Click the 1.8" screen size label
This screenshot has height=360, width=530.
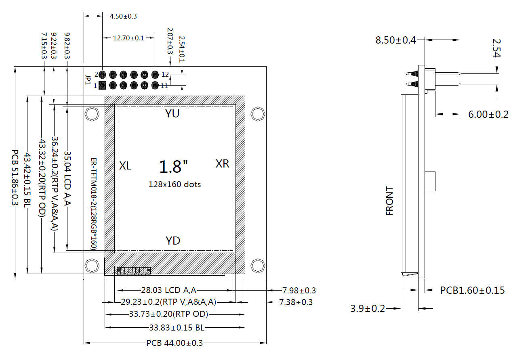[174, 167]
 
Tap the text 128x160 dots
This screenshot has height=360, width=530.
[175, 184]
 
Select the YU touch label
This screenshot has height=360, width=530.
[172, 114]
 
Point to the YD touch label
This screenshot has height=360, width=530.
[173, 241]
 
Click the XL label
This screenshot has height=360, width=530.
[125, 165]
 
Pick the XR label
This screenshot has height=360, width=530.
[222, 164]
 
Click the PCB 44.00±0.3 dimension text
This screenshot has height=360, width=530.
[175, 343]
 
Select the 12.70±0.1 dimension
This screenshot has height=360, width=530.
[128, 38]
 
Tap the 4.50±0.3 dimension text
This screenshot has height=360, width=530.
[124, 16]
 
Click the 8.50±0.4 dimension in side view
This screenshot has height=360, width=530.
[395, 40]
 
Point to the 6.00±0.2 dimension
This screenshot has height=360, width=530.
[488, 115]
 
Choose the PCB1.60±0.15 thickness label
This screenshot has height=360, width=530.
[472, 290]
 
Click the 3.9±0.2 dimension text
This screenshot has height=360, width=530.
[368, 309]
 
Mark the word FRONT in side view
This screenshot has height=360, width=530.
[390, 201]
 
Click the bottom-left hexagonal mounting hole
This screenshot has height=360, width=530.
[92, 266]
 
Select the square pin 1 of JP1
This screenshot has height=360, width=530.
[102, 86]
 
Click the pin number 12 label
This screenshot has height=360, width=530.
[165, 74]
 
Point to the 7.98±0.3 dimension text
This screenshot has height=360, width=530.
[299, 290]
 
